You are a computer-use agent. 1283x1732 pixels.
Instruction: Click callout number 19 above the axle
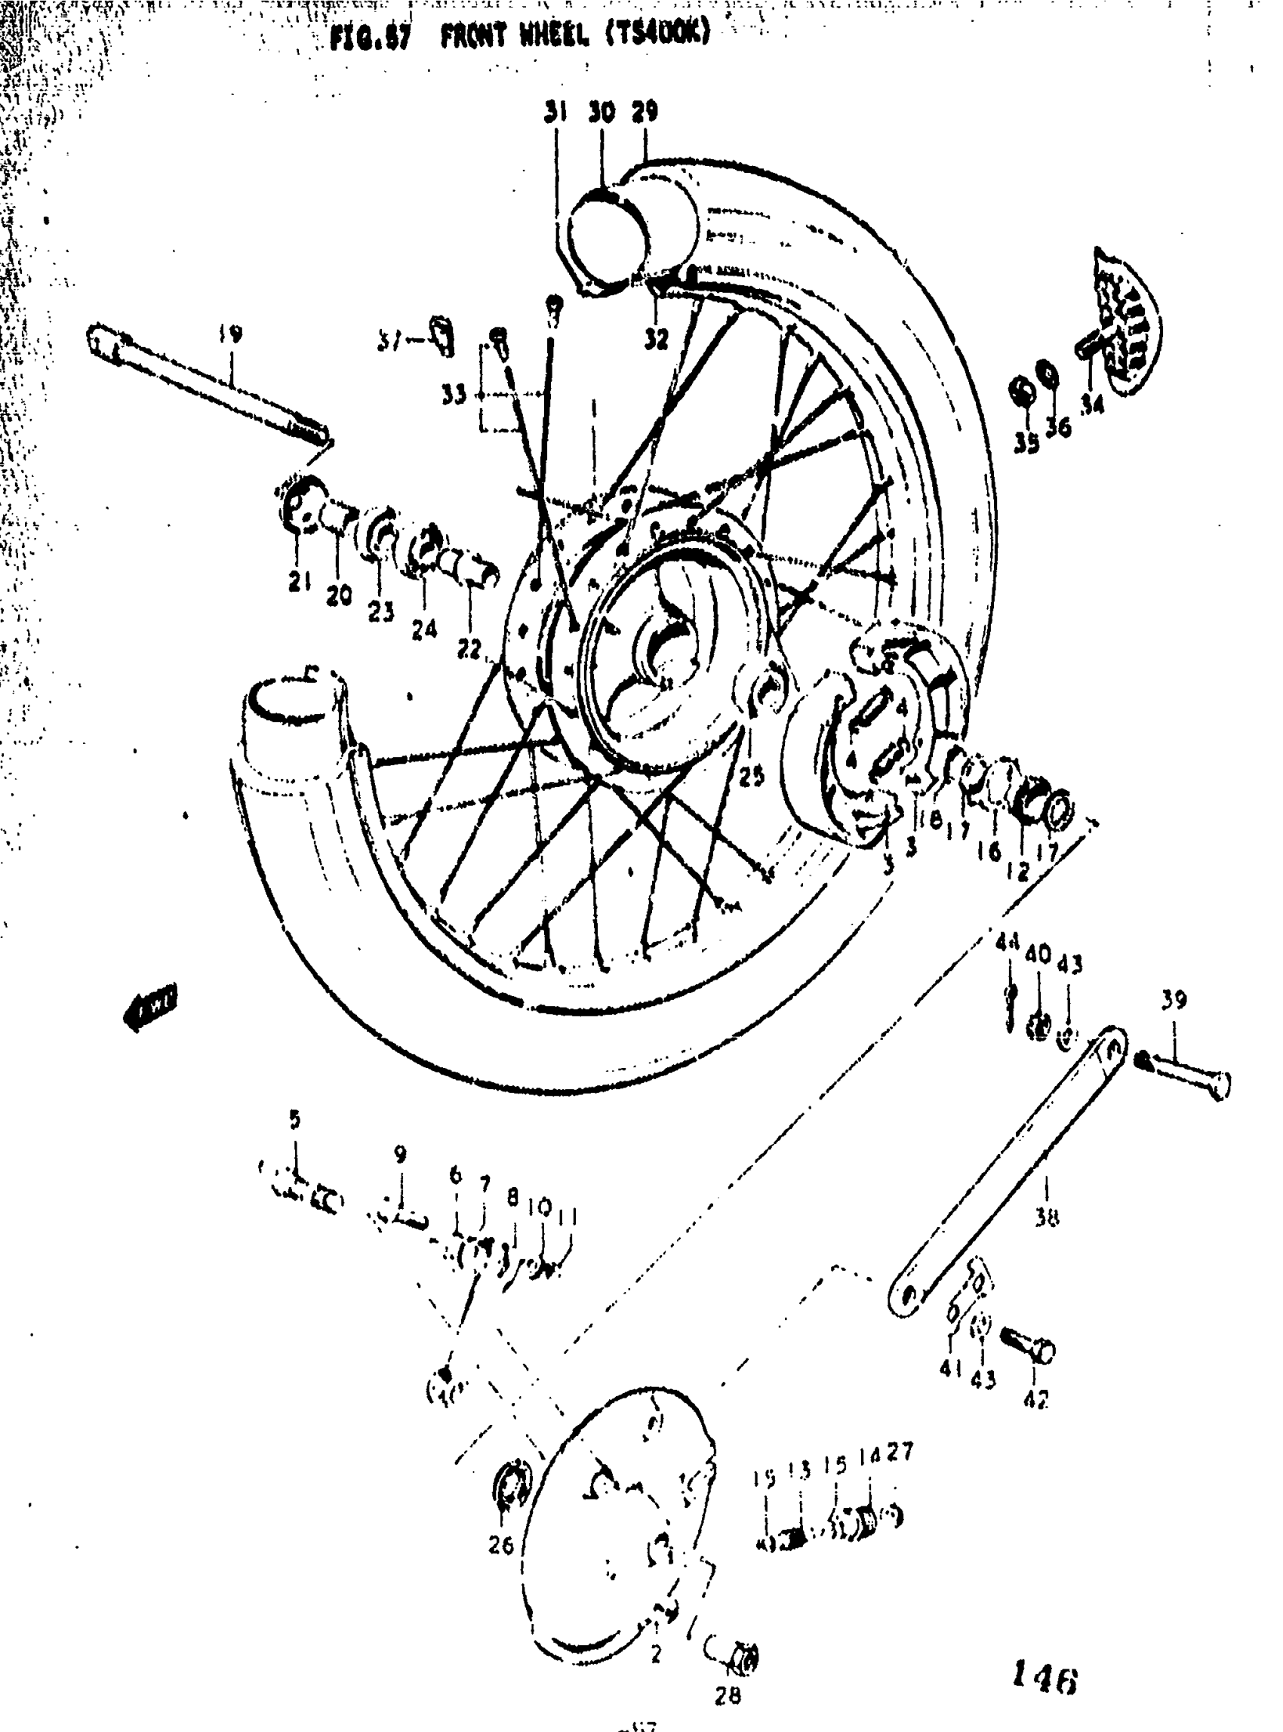click(230, 335)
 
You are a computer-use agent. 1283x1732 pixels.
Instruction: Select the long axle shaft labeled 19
click(210, 389)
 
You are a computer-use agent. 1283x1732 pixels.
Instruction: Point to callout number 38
click(1046, 1220)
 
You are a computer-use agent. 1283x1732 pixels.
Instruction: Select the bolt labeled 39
click(1188, 1075)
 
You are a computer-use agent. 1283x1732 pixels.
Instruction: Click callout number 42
click(1036, 1400)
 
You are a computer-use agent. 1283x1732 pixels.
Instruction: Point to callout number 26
click(501, 1546)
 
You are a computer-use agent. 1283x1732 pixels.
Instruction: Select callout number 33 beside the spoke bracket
click(454, 395)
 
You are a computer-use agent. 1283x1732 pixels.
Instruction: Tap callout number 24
click(424, 629)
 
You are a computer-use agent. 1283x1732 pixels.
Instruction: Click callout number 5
click(294, 1120)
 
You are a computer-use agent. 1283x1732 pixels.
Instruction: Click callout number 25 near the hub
click(751, 775)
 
